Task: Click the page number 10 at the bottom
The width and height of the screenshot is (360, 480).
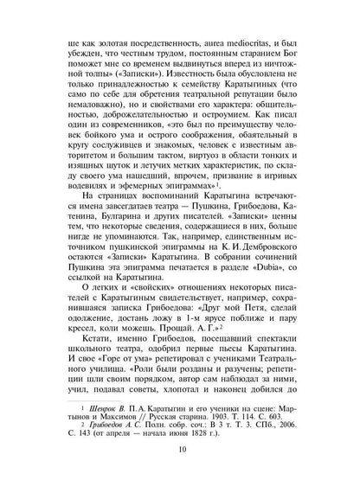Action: click(180, 474)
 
